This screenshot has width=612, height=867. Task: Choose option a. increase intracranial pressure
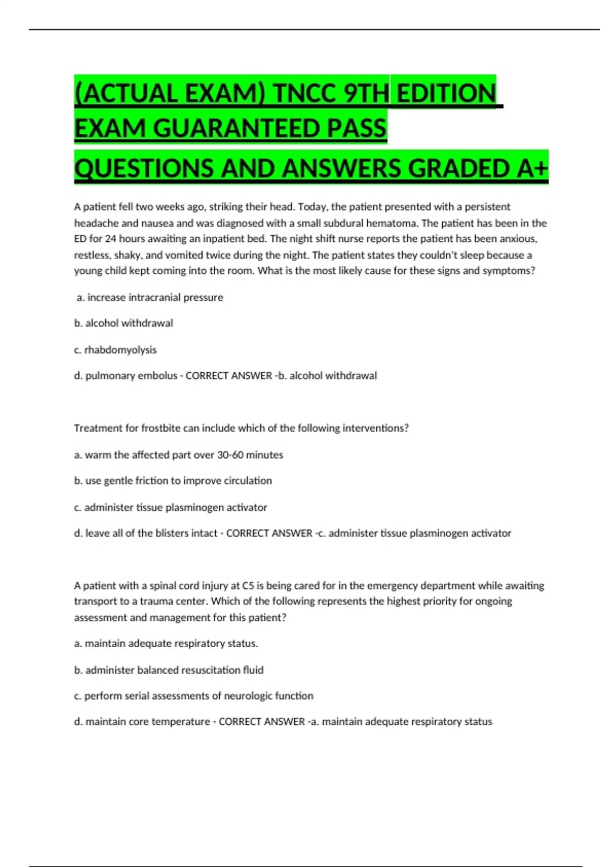(150, 297)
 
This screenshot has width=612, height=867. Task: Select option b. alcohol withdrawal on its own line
(123, 323)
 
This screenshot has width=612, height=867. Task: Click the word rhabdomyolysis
(120, 350)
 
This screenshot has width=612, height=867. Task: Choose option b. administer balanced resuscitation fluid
(169, 670)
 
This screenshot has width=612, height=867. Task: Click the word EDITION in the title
(446, 93)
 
